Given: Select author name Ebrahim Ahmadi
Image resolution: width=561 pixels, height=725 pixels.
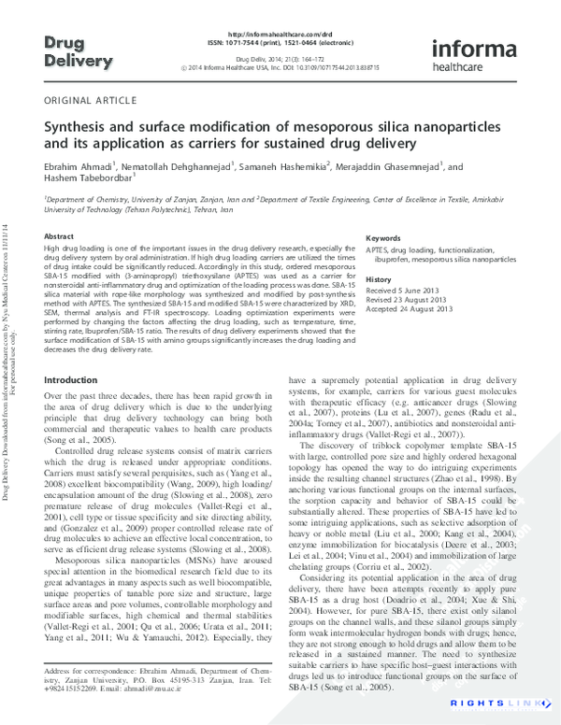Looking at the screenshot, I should pos(78,166).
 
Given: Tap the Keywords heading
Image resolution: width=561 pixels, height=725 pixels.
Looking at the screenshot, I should pos(383,239).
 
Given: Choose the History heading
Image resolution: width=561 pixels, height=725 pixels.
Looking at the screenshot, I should pos(379,280).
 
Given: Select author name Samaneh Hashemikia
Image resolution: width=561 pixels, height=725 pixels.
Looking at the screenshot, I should pos(282,166).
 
